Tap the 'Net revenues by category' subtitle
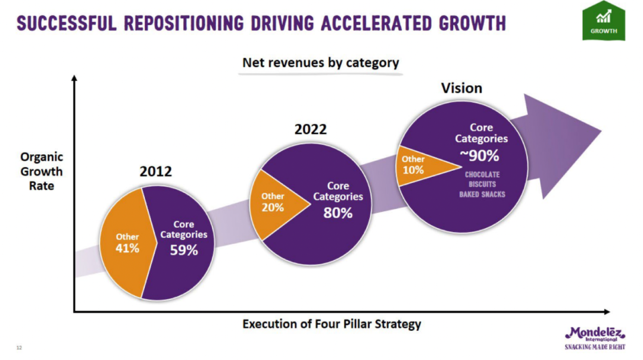coord(320,62)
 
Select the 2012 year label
coord(155,172)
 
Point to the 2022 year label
coord(311,129)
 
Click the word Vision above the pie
coord(461,88)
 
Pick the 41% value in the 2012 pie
coord(127,248)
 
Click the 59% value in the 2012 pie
coord(184,250)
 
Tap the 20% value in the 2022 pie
coord(273,208)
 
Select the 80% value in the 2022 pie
coord(338,212)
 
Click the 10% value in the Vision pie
coord(413,170)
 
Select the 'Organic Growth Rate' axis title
coord(42,172)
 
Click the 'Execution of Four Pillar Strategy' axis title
coord(332,324)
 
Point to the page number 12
coord(19,348)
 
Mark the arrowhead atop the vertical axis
coord(74,79)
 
